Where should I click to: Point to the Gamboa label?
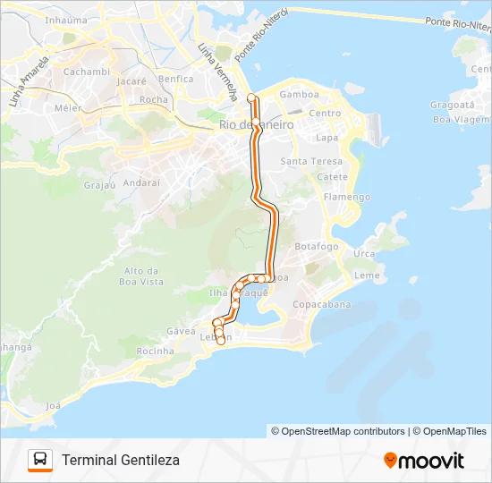[x=300, y=94]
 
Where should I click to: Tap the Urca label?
[x=364, y=254]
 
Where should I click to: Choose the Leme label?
[x=367, y=275]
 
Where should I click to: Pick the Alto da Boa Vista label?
[x=144, y=276]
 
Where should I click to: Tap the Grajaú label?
[x=100, y=186]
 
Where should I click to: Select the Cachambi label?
[x=87, y=72]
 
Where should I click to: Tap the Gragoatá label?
[x=452, y=105]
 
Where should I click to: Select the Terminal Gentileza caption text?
[x=121, y=460]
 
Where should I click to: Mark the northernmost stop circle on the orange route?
[x=251, y=97]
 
